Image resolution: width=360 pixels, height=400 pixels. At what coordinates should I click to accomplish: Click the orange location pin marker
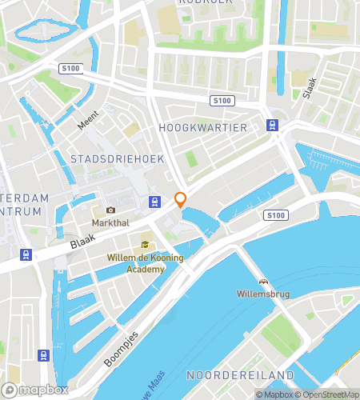pos(181,200)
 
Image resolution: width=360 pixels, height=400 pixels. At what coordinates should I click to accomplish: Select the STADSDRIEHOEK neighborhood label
pos(117,159)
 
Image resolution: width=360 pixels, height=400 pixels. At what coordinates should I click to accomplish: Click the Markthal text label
pos(110,222)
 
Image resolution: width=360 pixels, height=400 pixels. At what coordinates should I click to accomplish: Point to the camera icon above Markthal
pos(110,210)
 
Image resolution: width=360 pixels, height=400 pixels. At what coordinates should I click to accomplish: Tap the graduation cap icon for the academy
pos(145,246)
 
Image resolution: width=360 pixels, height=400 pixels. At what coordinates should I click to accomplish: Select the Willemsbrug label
pos(262,293)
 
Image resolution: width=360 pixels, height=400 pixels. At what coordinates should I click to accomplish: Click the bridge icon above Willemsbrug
pos(262,281)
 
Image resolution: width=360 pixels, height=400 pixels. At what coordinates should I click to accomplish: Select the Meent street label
pos(87,122)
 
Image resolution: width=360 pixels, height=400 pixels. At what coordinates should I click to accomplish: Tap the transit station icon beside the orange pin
pos(154,200)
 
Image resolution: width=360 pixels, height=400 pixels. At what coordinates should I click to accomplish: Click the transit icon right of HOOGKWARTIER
pos(272,125)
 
